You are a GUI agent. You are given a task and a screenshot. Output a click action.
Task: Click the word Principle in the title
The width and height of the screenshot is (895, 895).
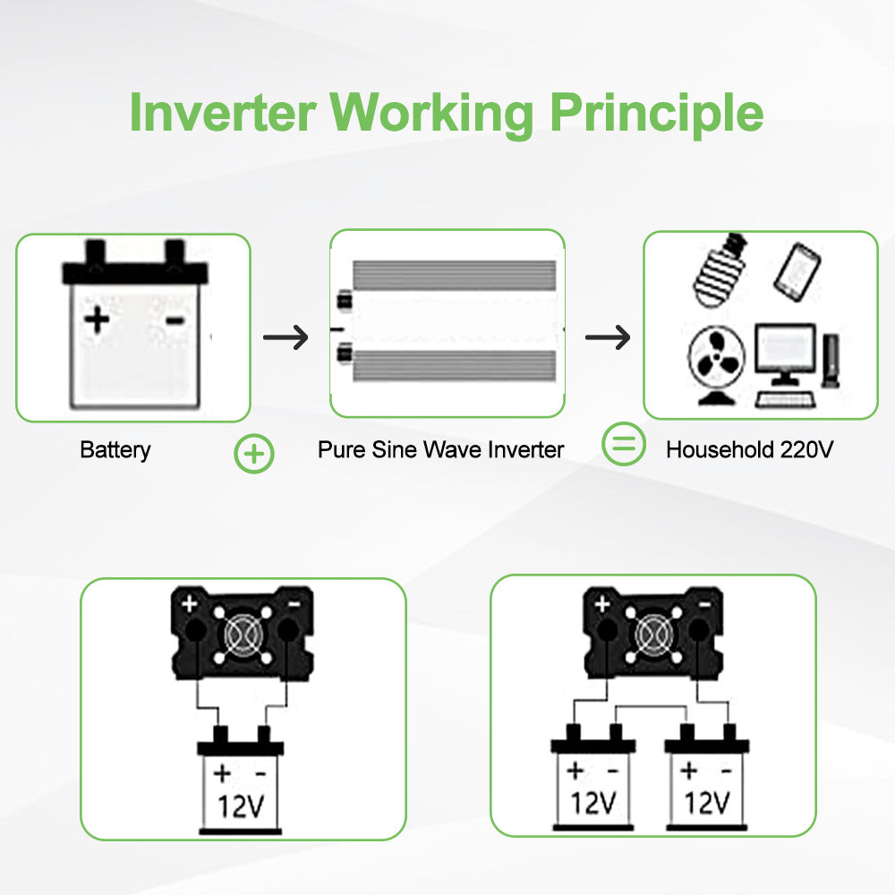pos(656,113)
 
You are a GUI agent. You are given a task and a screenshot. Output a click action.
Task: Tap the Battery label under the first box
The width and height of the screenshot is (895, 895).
pos(115,449)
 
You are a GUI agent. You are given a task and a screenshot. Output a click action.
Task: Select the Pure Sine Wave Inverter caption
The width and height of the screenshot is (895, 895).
pos(440,449)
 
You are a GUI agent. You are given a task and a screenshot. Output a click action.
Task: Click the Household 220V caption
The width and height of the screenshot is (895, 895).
pos(749,449)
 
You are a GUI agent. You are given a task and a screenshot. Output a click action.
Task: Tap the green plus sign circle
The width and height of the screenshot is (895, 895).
pos(254,454)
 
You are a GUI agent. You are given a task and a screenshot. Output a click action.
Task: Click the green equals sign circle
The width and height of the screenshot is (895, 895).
pos(624,444)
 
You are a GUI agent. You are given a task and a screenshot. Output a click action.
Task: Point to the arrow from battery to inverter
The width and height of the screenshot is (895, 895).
pos(286,337)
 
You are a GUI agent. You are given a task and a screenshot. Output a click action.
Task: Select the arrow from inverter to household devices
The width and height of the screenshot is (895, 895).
pos(608,337)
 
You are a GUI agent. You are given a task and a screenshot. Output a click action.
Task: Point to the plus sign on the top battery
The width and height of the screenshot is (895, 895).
pos(98,320)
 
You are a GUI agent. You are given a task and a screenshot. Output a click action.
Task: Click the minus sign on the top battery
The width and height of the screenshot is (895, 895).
pos(175,320)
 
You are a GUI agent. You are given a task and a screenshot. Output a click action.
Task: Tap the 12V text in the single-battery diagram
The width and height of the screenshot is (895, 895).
pos(241,806)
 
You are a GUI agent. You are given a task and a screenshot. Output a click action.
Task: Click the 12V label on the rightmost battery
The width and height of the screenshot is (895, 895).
pos(707,802)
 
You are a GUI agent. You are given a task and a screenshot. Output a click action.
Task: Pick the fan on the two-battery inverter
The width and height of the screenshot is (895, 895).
pos(653,635)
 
